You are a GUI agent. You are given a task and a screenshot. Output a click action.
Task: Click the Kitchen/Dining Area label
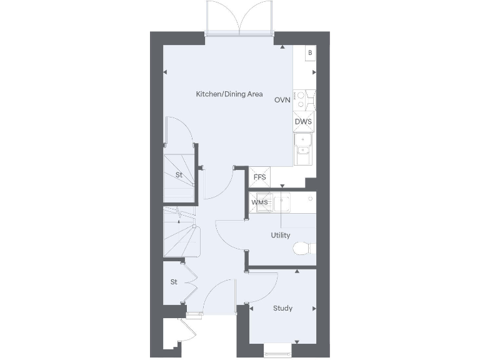click(x=229, y=94)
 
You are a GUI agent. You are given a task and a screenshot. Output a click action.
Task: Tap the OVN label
click(x=282, y=100)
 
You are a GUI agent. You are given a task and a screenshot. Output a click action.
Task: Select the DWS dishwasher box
click(x=303, y=121)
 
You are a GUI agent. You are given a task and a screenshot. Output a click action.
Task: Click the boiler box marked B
click(x=309, y=53)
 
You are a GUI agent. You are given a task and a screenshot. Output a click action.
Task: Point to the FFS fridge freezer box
click(x=259, y=177)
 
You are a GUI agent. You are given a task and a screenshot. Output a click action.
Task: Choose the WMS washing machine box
click(x=259, y=202)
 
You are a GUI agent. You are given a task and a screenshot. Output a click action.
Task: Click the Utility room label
click(x=280, y=236)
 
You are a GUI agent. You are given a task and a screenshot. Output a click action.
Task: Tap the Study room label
click(x=283, y=308)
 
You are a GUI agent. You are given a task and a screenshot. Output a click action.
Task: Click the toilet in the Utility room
click(x=302, y=249)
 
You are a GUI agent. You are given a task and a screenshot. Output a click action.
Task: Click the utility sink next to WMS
click(x=281, y=202)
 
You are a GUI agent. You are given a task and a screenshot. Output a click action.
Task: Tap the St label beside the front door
click(x=174, y=282)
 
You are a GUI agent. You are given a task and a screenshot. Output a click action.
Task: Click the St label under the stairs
click(x=179, y=175)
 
